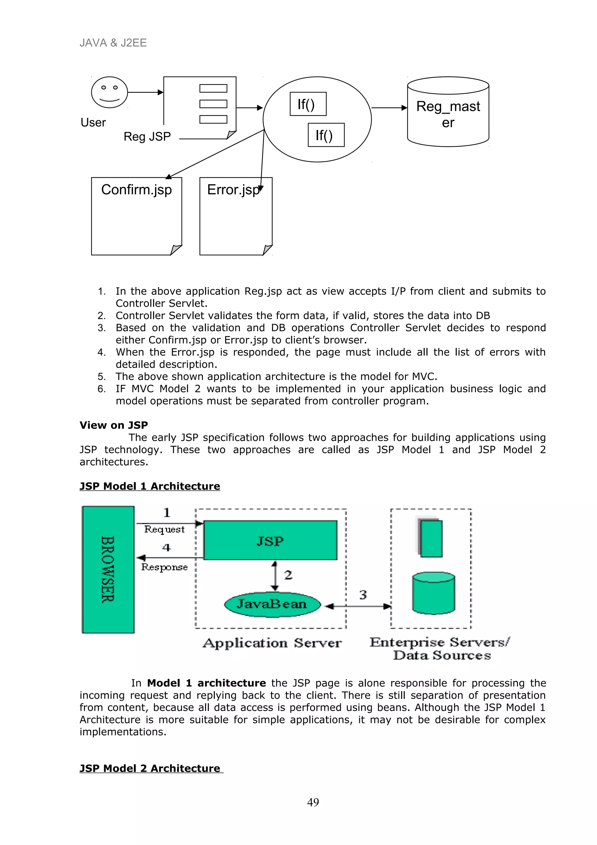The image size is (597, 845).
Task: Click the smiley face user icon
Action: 109,92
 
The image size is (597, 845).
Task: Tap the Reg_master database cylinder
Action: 448,112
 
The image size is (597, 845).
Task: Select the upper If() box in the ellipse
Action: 308,104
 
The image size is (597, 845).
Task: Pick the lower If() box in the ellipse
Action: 326,135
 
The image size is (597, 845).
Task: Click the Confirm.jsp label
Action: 136,190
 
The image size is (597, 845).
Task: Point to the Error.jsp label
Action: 233,190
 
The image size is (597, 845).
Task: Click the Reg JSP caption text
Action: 147,136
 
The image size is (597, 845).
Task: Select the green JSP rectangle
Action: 270,540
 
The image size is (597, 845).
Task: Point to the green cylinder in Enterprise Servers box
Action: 433,593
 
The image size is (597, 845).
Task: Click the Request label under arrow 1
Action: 164,529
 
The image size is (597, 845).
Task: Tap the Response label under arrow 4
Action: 164,567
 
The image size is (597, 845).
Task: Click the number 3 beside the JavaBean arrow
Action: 363,595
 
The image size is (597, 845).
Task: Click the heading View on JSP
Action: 114,425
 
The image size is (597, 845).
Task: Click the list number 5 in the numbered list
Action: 101,376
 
